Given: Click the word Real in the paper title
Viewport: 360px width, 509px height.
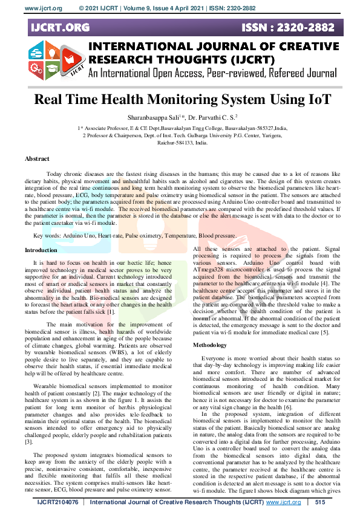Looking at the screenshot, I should tap(53, 100).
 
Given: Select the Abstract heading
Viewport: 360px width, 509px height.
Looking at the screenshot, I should tap(37, 158).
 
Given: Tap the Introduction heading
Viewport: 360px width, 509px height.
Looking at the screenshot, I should tap(41, 250).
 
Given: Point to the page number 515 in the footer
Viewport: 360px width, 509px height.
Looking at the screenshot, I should tap(320, 502).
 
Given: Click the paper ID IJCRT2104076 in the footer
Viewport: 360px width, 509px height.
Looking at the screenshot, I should tap(58, 502).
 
